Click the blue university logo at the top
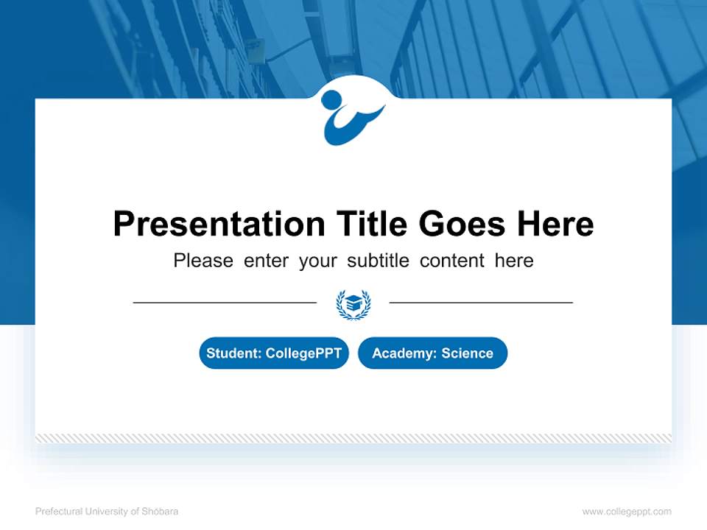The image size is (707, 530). (352, 116)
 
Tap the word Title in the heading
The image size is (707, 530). (372, 224)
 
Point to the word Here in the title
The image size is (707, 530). (555, 224)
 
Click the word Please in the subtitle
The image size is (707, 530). (203, 261)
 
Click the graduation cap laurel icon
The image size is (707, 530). (353, 303)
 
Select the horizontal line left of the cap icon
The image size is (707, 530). (225, 302)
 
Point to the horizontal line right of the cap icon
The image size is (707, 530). (481, 302)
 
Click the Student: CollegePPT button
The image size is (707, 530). (274, 353)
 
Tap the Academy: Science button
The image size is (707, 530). (432, 353)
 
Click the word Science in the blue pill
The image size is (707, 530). (467, 353)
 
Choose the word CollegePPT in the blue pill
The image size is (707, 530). (303, 353)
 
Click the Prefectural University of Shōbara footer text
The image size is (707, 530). (107, 512)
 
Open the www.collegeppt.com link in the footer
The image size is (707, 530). (627, 512)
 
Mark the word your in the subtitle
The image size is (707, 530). (317, 261)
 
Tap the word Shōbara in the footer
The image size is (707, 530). (161, 512)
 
